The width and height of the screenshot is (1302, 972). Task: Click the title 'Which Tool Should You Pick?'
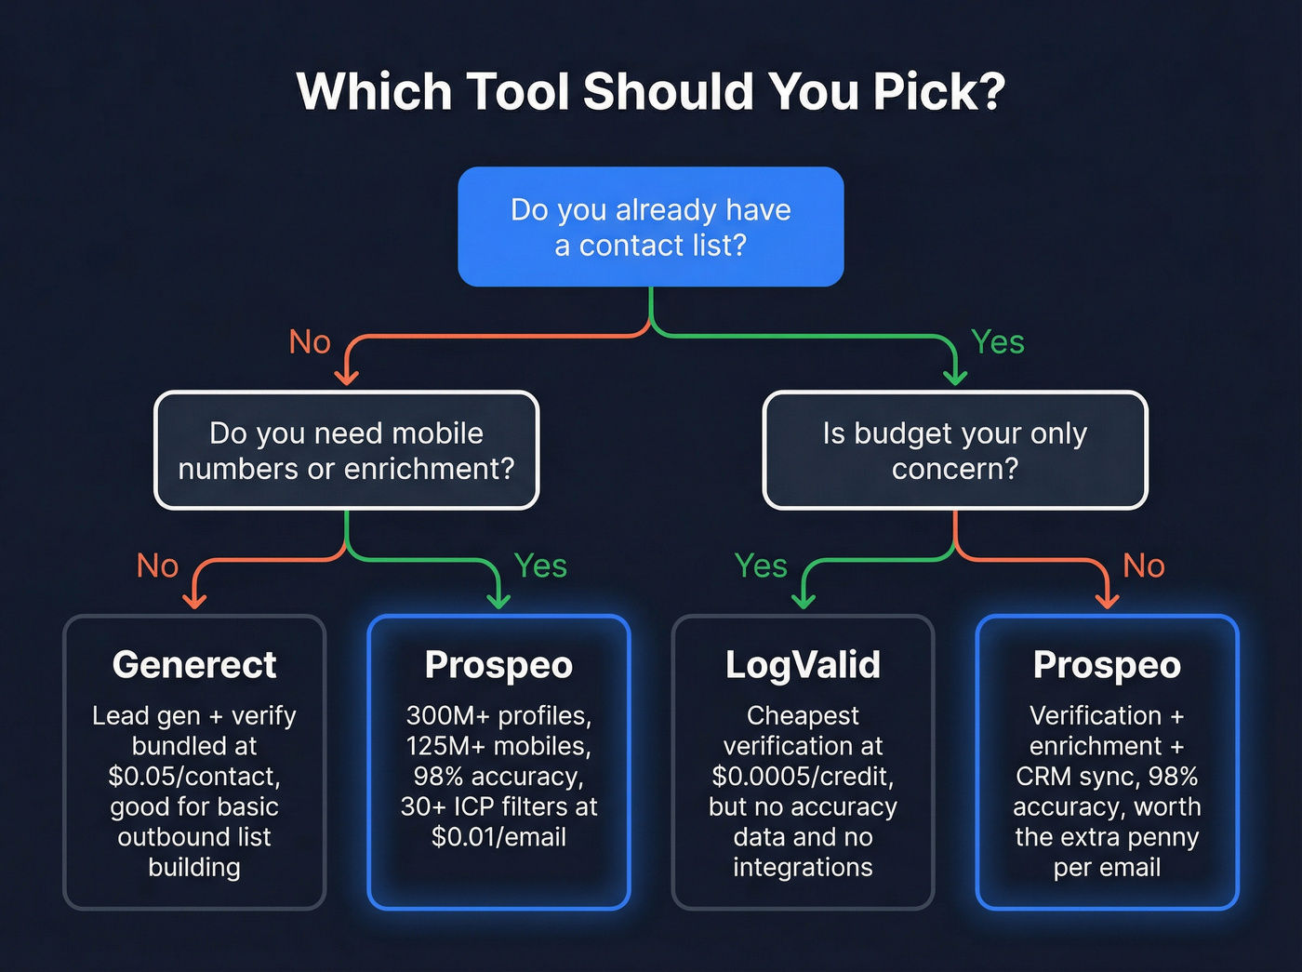[650, 92]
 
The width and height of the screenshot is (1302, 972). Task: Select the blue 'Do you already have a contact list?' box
[650, 227]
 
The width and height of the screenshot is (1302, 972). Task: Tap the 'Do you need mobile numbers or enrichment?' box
[346, 450]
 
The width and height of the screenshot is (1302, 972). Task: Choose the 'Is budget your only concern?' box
[954, 450]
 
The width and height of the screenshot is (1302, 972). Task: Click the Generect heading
[194, 665]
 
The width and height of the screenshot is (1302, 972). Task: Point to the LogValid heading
[803, 665]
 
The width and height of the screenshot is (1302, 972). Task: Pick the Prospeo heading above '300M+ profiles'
[498, 665]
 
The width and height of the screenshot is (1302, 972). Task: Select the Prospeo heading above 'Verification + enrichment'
[1107, 665]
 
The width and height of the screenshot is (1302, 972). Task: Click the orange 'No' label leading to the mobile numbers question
[310, 342]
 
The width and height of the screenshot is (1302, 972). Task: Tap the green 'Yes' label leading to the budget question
[997, 342]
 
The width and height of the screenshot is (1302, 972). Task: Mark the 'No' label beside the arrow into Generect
[157, 566]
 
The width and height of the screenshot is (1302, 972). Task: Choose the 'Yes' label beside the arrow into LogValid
[761, 566]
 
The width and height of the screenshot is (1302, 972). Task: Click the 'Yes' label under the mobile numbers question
[540, 566]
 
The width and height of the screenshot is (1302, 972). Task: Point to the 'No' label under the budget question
[1143, 566]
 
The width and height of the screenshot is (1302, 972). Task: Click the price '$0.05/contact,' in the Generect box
[194, 776]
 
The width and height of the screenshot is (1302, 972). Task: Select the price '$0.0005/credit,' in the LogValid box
[803, 776]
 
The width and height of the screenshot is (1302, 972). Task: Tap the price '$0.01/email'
[498, 836]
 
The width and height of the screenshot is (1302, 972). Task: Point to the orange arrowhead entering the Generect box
[194, 601]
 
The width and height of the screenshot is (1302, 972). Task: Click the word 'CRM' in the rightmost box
[1043, 776]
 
